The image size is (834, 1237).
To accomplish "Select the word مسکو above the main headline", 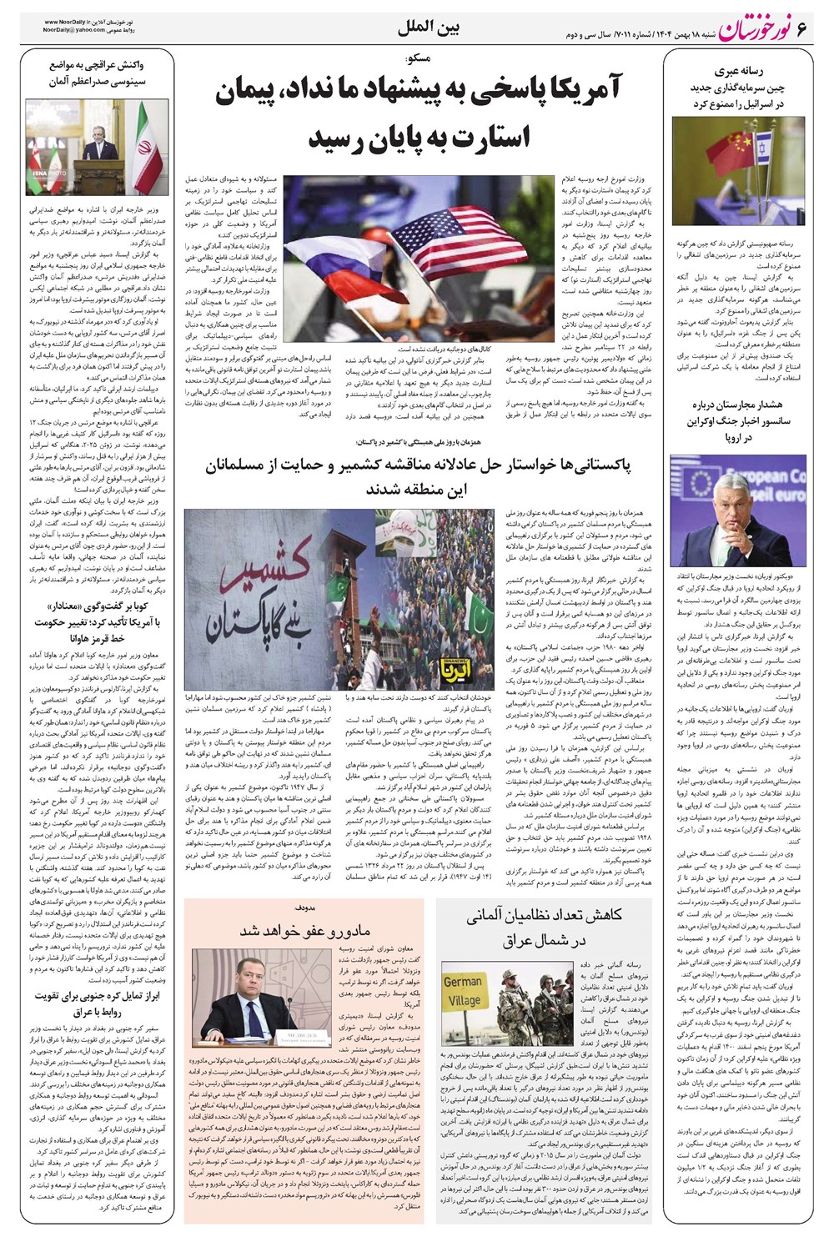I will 414,58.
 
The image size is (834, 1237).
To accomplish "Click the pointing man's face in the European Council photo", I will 725,516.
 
